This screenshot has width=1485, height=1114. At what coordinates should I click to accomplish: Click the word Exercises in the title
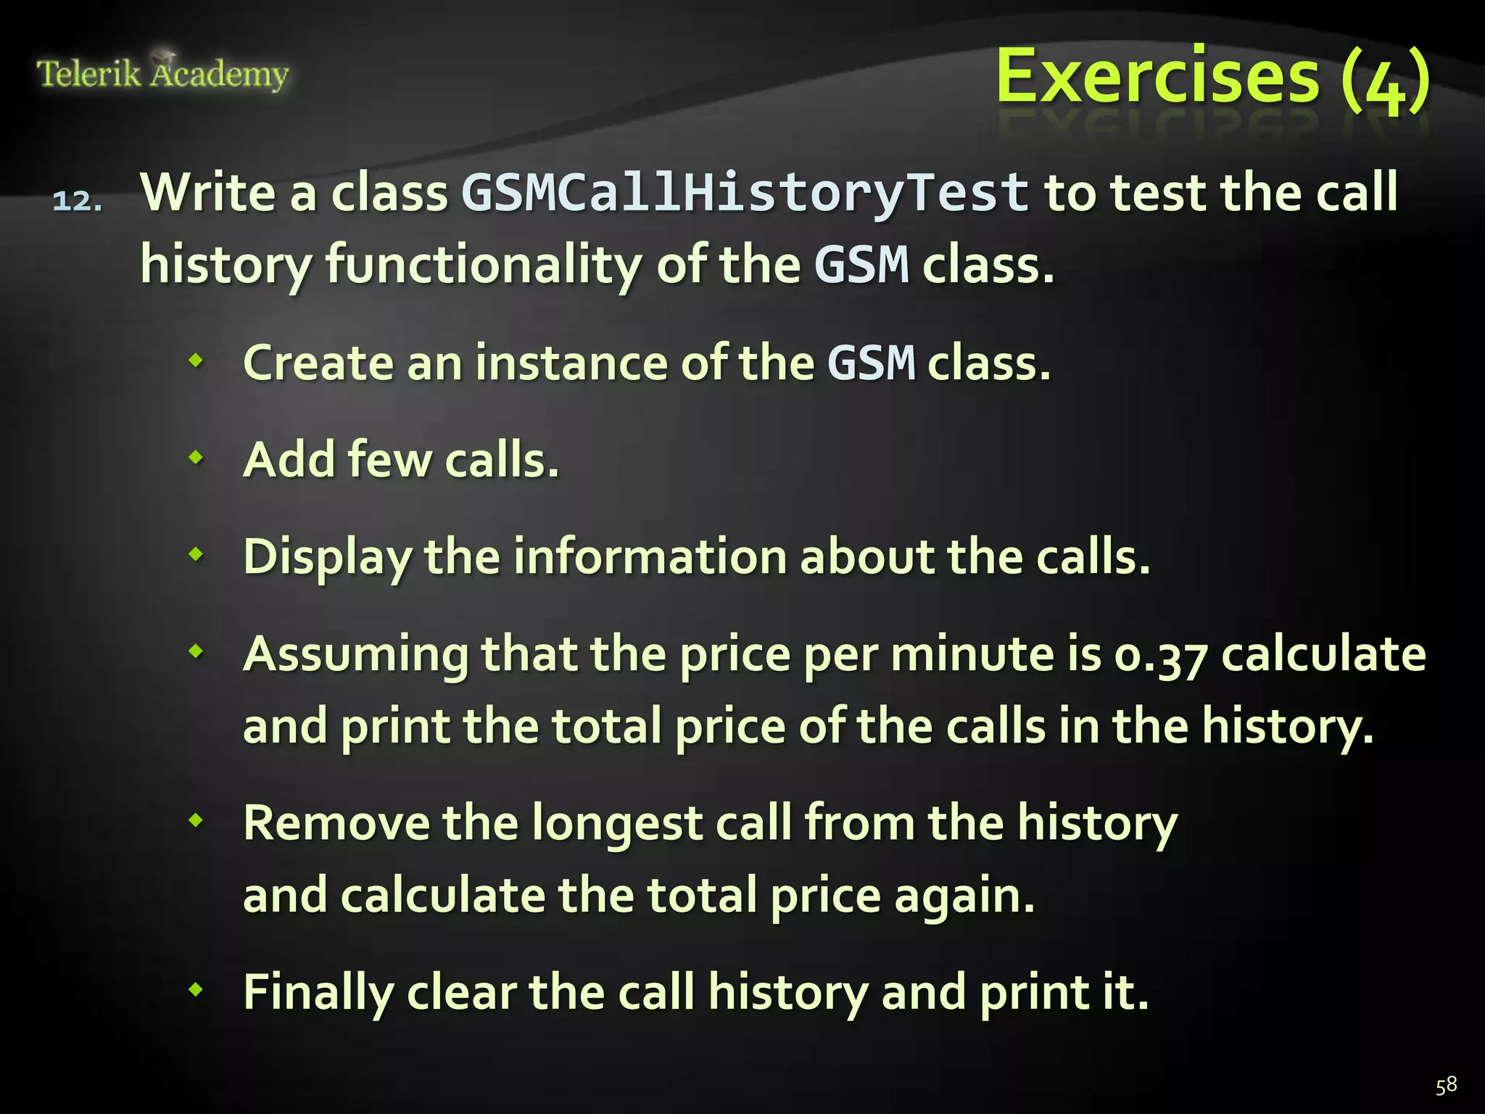tap(1157, 77)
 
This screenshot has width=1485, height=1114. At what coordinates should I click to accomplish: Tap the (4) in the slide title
tap(1385, 80)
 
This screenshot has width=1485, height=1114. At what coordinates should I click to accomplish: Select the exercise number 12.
tap(77, 201)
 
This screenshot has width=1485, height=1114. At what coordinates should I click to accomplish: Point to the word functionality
tap(483, 265)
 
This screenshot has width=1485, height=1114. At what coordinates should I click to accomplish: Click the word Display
tap(327, 558)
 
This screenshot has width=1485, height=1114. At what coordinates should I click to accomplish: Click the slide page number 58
tap(1446, 1086)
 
